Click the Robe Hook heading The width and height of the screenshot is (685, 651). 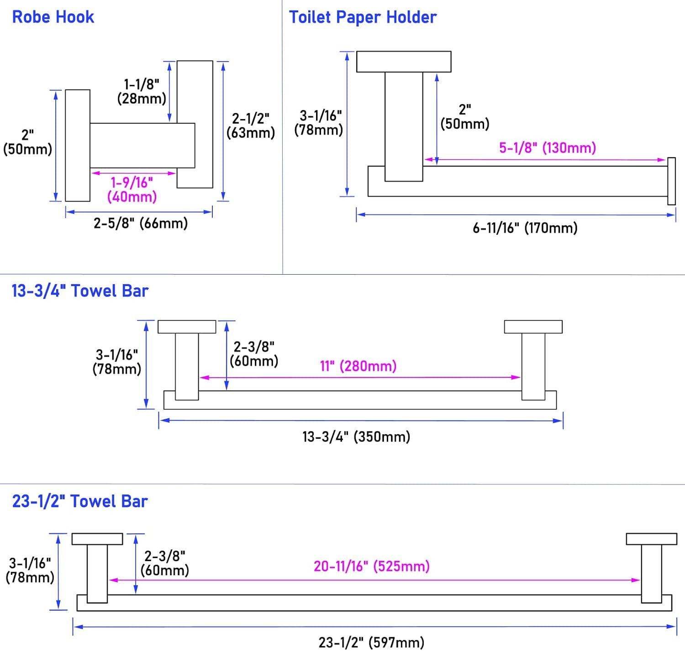pos(53,17)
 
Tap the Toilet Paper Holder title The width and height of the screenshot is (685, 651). pos(363,17)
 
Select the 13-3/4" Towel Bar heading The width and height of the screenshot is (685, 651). pos(80,291)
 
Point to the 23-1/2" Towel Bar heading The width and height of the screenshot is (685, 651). pos(80,501)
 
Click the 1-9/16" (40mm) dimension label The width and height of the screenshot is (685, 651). pos(132,190)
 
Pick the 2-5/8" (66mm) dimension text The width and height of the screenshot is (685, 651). pos(141,223)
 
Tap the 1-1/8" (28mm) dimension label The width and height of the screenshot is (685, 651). pos(142,92)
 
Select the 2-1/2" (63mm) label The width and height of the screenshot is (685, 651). pos(251,126)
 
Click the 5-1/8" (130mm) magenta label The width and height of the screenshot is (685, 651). pos(548,148)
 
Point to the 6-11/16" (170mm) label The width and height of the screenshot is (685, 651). pos(525,228)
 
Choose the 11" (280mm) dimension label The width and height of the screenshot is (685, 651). pos(358,366)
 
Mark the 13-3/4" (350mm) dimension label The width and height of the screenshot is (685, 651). pos(356,437)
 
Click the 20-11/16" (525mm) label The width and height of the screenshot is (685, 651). pos(371,567)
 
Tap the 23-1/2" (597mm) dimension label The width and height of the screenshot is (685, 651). pos(371,643)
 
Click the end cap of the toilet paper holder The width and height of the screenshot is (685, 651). pos(671,181)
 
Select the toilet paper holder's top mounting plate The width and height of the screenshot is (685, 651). pos(404,62)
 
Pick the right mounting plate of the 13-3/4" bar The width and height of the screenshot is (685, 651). pos(533,327)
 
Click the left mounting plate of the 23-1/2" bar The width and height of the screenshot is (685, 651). pos(97,539)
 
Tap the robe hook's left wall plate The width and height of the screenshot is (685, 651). pos(77,146)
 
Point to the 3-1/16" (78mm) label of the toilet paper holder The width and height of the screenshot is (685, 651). pos(318,123)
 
